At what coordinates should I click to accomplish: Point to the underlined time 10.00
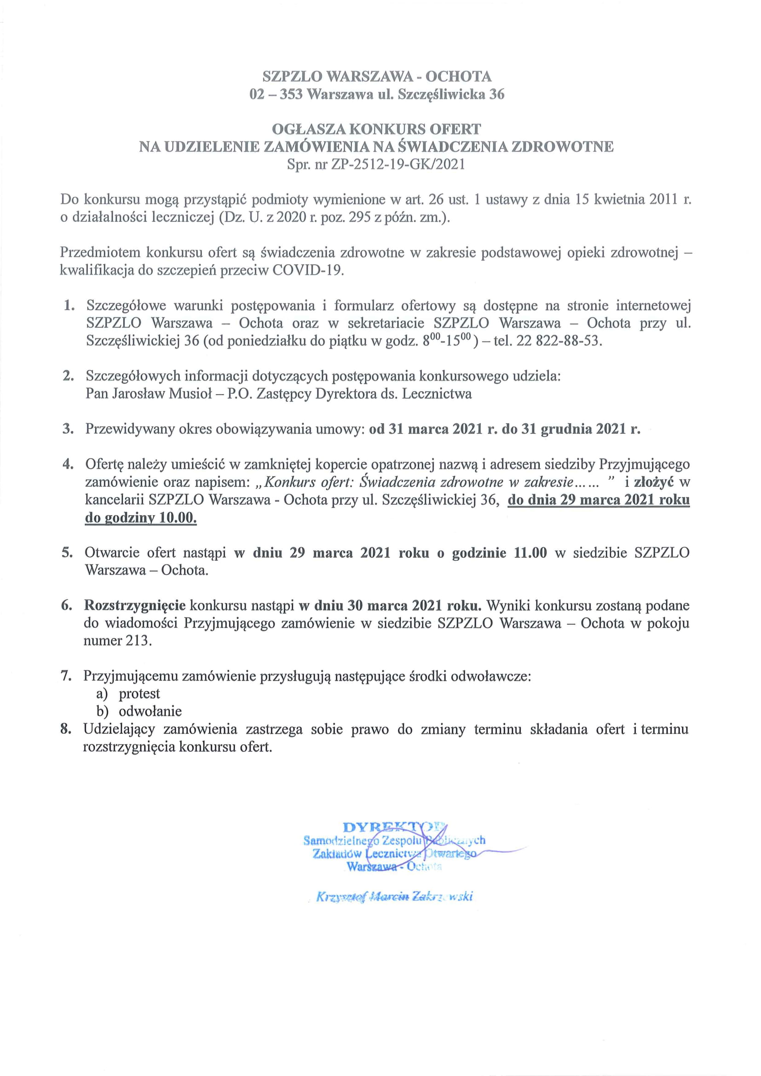coord(178,518)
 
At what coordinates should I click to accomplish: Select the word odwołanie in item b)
coord(150,711)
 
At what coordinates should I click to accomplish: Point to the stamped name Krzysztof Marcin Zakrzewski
coord(394,897)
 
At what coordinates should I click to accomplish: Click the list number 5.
coord(67,553)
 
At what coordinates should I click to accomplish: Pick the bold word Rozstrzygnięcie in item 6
coord(135,605)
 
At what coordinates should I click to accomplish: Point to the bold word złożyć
coord(654,482)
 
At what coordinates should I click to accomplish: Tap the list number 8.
coord(66,729)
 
